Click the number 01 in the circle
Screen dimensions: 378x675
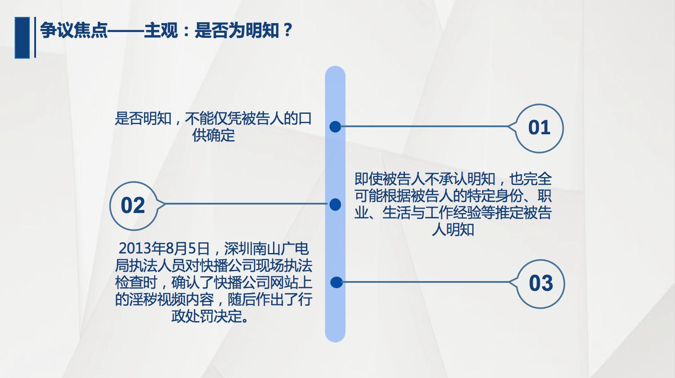pos(539,128)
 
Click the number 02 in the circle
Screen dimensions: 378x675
pos(133,206)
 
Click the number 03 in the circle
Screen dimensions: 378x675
pos(541,284)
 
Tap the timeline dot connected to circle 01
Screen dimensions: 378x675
pos(335,127)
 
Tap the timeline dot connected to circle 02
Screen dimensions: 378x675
pos(335,205)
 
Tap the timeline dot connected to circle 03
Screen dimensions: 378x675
pos(336,282)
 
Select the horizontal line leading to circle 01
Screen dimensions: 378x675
pos(422,127)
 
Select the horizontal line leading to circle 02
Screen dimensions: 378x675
pos(245,204)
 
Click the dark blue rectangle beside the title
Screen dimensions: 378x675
pos(22,37)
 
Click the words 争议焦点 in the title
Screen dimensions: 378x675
pos(74,30)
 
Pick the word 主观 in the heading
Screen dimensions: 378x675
pos(161,30)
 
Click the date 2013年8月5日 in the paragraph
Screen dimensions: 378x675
pos(164,249)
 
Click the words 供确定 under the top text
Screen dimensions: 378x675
pos(213,135)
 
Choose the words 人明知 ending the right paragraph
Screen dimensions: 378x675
pos(453,230)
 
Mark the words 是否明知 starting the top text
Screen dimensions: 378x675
pos(143,119)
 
